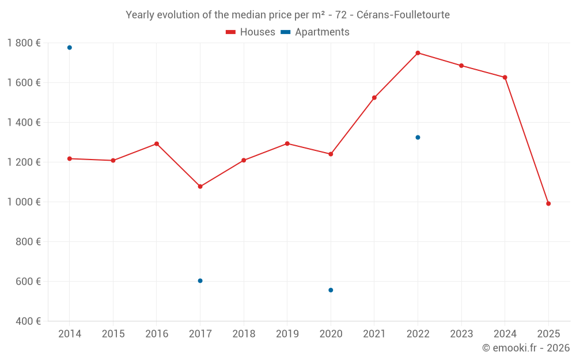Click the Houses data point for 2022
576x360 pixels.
coord(418,53)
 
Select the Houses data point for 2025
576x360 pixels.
coord(548,203)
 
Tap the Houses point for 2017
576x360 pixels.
coord(200,187)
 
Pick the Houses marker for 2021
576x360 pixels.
coord(374,98)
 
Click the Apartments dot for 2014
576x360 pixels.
coord(70,48)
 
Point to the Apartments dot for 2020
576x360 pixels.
coord(331,290)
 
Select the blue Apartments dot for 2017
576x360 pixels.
coord(200,281)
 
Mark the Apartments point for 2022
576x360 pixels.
coord(418,138)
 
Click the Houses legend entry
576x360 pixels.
coord(251,32)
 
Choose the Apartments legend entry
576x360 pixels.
coord(315,32)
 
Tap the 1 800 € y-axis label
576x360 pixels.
coord(24,43)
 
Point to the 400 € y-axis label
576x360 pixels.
coord(28,321)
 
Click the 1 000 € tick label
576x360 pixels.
coord(24,202)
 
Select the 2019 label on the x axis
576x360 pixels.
coord(287,334)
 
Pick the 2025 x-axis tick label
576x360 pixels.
coord(548,334)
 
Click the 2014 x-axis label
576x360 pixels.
coord(70,334)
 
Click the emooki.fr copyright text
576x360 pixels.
coord(526,348)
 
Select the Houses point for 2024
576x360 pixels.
coord(505,77)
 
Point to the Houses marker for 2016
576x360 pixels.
coord(157,144)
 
